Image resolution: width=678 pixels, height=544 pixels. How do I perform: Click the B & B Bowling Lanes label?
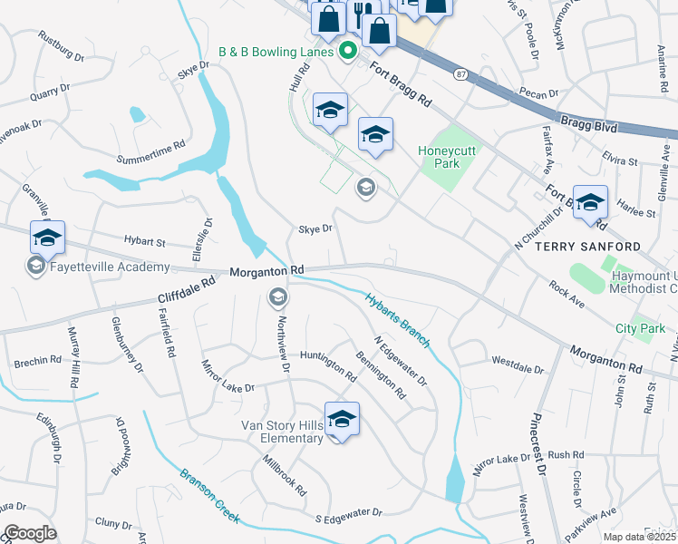(276, 53)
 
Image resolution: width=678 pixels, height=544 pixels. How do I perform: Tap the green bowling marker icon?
(346, 53)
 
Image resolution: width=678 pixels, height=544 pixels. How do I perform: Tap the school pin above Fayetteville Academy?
(47, 238)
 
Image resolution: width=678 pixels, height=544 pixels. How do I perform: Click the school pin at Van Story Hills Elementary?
(342, 419)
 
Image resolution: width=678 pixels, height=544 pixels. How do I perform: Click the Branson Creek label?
(208, 495)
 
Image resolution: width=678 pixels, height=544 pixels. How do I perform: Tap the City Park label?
(639, 328)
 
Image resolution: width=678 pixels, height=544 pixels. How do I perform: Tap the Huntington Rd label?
(327, 365)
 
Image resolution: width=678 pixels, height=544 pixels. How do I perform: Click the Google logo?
(30, 533)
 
